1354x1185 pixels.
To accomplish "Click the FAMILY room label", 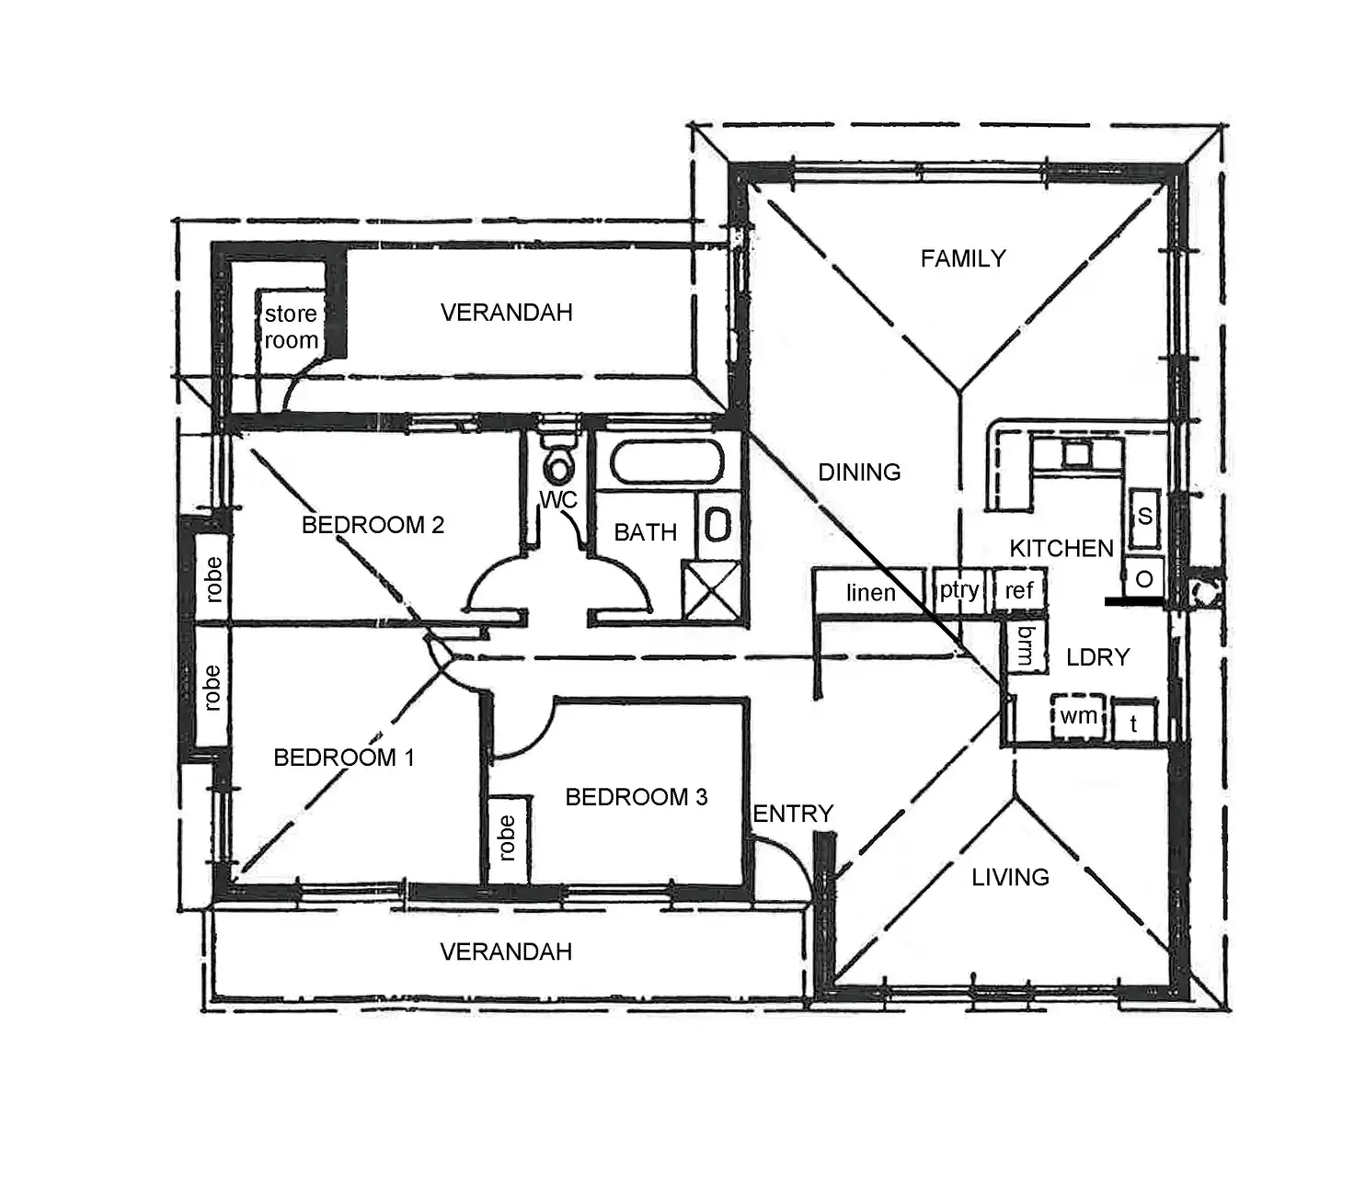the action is [963, 258].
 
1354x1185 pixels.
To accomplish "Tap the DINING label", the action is [859, 473].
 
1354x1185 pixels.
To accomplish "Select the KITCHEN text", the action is [1061, 549].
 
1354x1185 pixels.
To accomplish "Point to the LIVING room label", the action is [1010, 877].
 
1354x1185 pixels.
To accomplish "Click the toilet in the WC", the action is [557, 463].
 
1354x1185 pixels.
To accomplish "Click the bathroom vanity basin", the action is [717, 525].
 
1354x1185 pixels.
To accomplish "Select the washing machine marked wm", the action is [1077, 715].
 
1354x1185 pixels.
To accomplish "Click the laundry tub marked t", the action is [1133, 724].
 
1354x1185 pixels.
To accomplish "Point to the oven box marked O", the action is [1144, 579].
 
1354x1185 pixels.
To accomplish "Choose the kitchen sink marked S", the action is [1144, 517].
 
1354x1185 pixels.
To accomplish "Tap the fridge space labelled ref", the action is [1019, 590].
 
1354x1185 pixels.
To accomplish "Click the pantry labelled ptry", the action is [959, 590].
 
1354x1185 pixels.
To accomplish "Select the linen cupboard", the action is [870, 592].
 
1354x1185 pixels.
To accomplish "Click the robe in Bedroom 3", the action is [506, 837].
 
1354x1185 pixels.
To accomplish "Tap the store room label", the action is [291, 326].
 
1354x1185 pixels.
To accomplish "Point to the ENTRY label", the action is [793, 814].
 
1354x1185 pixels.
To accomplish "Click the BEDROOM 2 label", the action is [373, 525].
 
